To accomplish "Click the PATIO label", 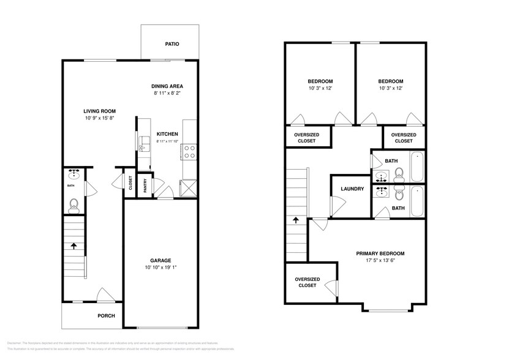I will point(172,44).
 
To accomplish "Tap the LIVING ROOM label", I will point(99,111).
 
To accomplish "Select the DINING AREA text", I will point(167,86).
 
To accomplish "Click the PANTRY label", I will point(145,184).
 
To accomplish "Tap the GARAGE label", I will point(161,260).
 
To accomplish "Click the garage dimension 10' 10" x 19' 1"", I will point(161,268).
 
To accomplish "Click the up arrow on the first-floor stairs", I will point(74,246).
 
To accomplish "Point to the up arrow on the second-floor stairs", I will point(296,219).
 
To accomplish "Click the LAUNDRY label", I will point(352,189).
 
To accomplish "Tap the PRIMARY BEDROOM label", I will point(380,253).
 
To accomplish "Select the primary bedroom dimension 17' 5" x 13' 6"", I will point(380,261).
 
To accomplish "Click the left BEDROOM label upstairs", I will point(320,81).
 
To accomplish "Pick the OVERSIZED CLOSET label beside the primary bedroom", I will point(307,282).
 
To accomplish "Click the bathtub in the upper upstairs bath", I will point(417,167).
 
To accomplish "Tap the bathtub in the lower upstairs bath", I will point(417,201).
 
